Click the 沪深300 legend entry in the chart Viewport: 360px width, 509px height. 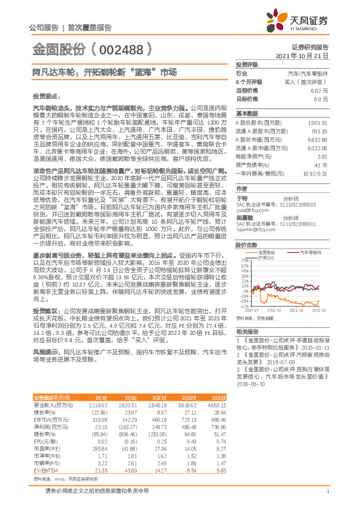(x=266, y=241)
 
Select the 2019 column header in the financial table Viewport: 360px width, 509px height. (x=101, y=397)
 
